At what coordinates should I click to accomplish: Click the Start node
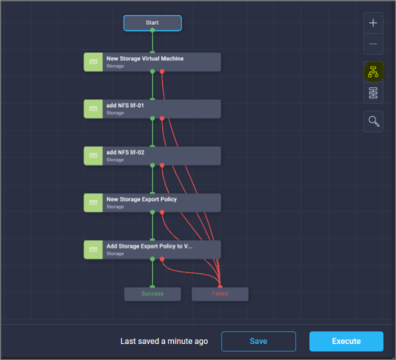click(x=152, y=23)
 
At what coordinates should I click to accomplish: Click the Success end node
click(x=152, y=294)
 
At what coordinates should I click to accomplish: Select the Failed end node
click(x=220, y=294)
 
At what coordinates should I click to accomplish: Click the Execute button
click(x=346, y=341)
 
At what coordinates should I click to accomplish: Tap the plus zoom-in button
click(x=373, y=23)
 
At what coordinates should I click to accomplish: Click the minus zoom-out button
click(x=373, y=44)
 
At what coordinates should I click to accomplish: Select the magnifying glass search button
click(x=373, y=121)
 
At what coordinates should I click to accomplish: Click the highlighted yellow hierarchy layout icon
click(x=373, y=73)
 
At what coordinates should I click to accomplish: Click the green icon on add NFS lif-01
click(x=93, y=109)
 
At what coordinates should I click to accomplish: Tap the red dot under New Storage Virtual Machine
click(x=162, y=71)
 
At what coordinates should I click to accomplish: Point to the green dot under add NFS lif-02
click(x=152, y=165)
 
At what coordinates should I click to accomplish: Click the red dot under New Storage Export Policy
click(x=162, y=212)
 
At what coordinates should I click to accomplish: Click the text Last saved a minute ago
click(x=164, y=341)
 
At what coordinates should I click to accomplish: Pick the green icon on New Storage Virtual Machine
click(x=93, y=62)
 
